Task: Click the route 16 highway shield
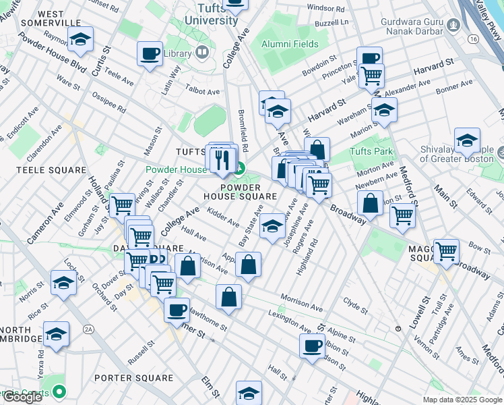(474, 40)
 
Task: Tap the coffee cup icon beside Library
(150, 54)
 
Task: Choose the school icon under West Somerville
(80, 42)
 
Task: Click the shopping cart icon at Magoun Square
(446, 251)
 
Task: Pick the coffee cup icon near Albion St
(312, 346)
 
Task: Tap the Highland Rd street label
(306, 254)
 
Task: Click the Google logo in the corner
(22, 397)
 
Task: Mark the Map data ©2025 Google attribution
(462, 400)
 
